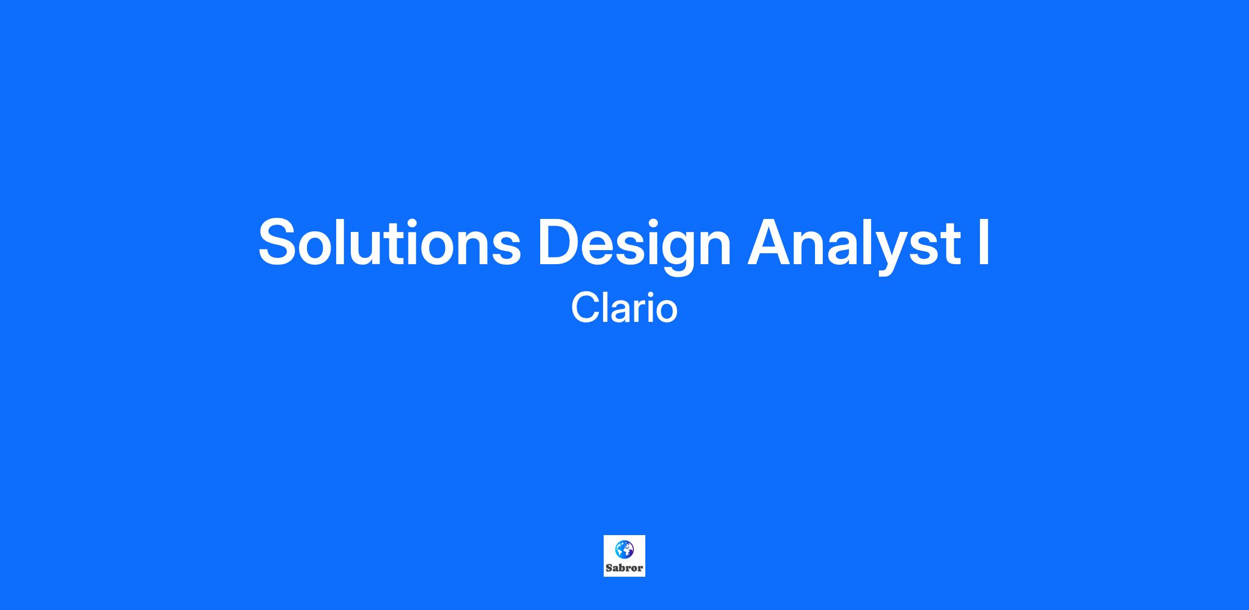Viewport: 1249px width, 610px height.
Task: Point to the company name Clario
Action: [x=624, y=308]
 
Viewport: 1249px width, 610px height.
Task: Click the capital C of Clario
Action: [x=586, y=308]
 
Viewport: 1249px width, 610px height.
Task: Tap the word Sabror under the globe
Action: [x=624, y=568]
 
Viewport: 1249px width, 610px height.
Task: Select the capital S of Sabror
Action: [x=609, y=568]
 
